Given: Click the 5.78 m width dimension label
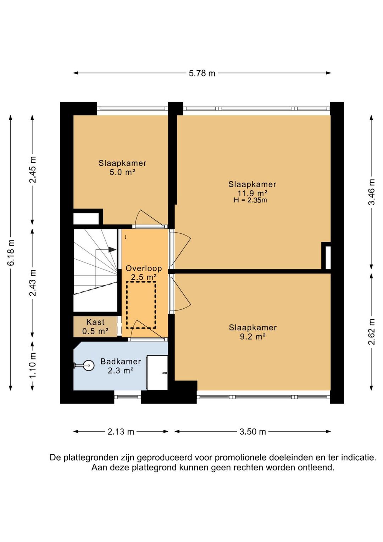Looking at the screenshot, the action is (202, 73).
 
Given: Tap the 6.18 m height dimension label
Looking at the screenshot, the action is (11, 253).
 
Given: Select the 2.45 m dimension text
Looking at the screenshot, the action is (33, 170).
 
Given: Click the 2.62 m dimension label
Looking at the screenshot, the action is (371, 331).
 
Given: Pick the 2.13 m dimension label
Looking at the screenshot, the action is (121, 432).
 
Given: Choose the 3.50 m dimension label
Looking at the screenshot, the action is (252, 432).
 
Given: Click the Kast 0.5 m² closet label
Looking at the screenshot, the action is (95, 326).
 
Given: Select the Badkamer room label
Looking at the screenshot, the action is (121, 362).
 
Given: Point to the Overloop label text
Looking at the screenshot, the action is (144, 269).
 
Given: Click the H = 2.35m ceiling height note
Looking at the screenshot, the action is (250, 200).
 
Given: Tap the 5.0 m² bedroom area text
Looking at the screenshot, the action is (122, 173).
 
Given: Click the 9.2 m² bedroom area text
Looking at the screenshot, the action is (252, 337).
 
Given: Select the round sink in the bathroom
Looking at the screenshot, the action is (88, 365).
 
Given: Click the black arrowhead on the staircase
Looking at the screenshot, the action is (112, 249).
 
